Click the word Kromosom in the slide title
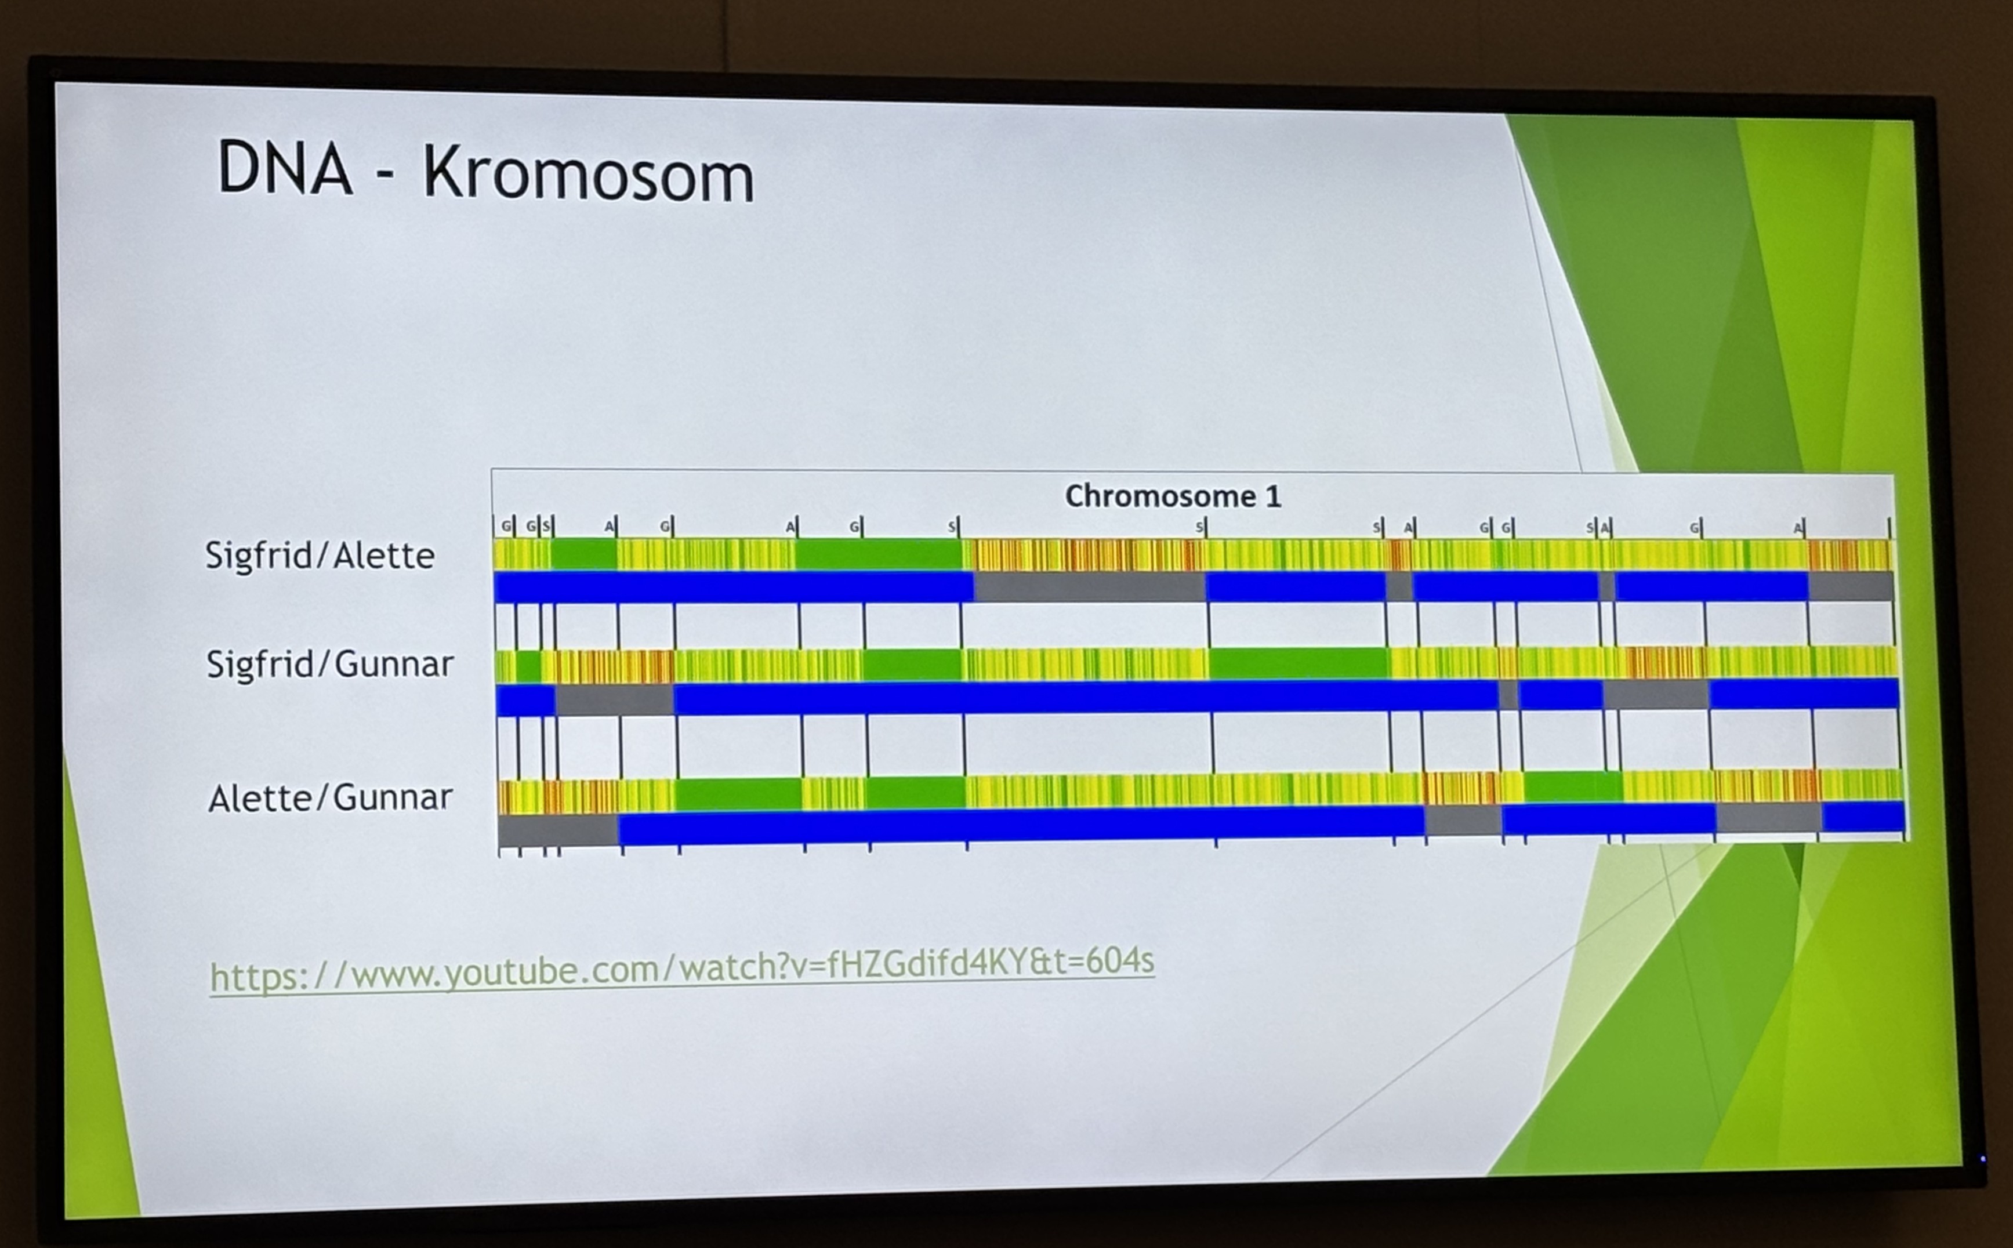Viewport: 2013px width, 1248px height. pos(589,175)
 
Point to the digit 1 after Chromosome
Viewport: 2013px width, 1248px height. pos(1274,496)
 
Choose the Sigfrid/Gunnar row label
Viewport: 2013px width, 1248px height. pos(329,663)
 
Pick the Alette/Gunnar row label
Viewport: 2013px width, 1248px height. pos(330,797)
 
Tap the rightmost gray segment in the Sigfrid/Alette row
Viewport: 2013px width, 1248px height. pos(1851,587)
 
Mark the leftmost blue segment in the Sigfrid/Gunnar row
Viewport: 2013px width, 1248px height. pos(526,700)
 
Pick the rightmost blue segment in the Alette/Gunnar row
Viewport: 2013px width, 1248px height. pos(1863,817)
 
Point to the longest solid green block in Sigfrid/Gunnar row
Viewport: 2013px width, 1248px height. pos(1299,663)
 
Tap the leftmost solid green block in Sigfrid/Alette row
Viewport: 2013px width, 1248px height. pos(583,554)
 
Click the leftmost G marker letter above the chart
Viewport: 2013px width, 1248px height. pos(506,526)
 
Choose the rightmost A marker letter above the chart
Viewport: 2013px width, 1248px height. pos(1798,527)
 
